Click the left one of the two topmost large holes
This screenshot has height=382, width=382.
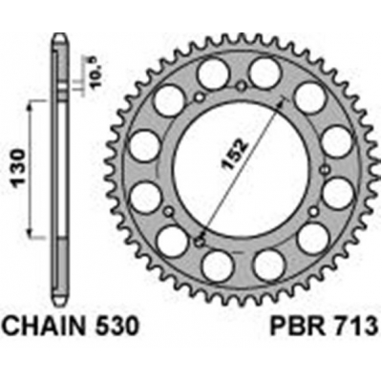[210, 74]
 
